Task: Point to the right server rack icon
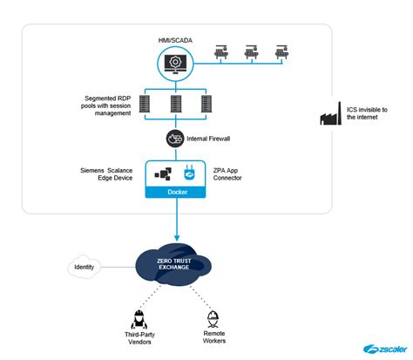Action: [x=206, y=106]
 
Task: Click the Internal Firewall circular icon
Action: [x=173, y=139]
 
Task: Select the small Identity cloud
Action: [x=85, y=267]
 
